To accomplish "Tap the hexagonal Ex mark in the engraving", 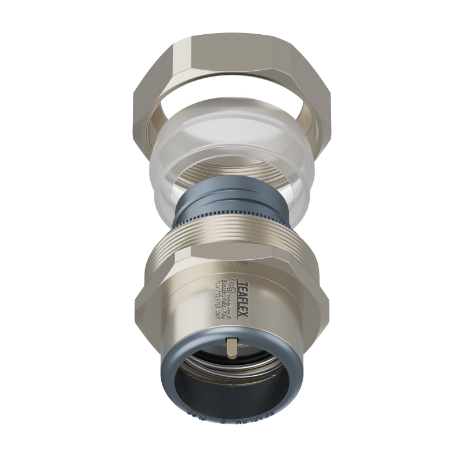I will [230, 285].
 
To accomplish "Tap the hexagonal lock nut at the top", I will [232, 64].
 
